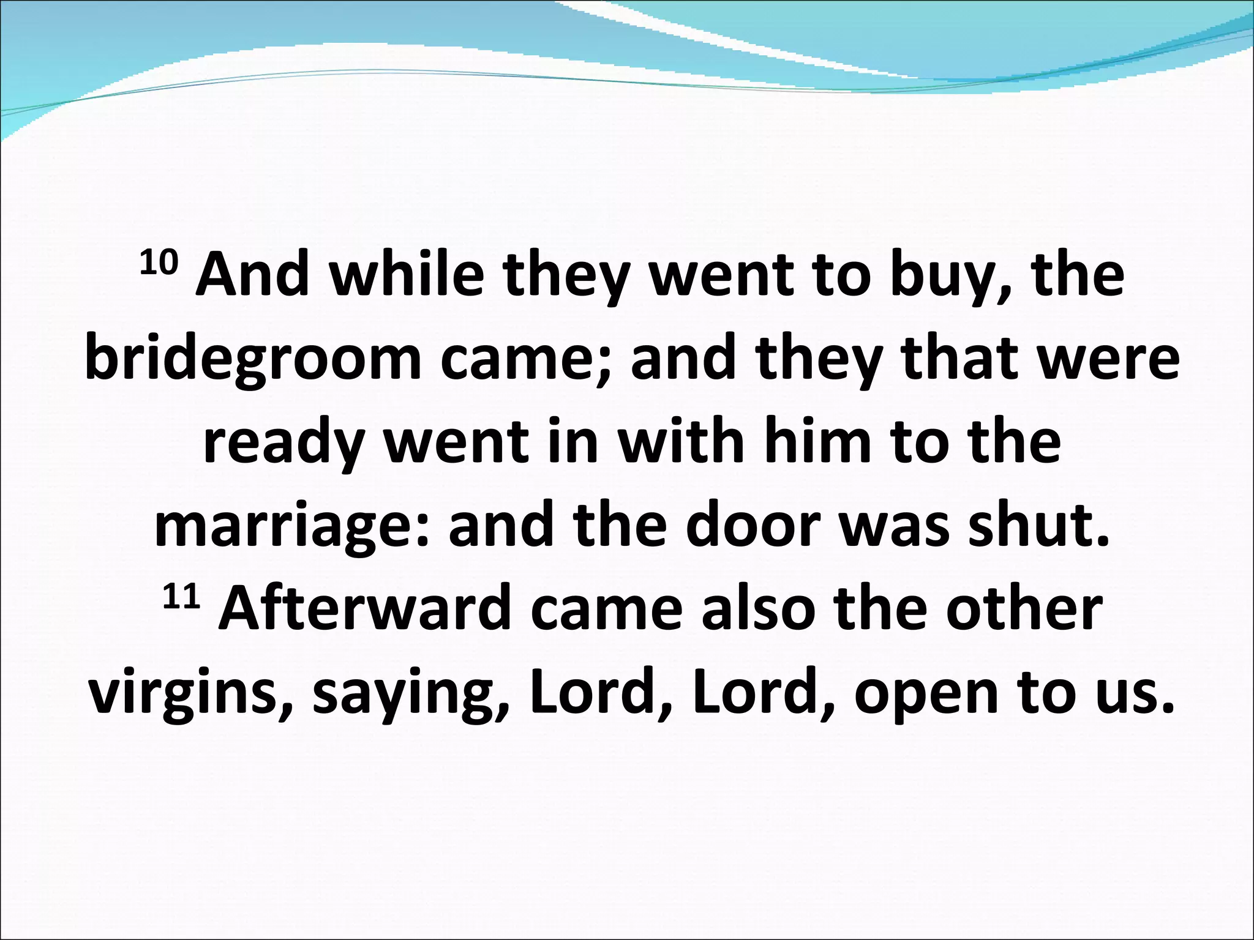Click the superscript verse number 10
point(159,264)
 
